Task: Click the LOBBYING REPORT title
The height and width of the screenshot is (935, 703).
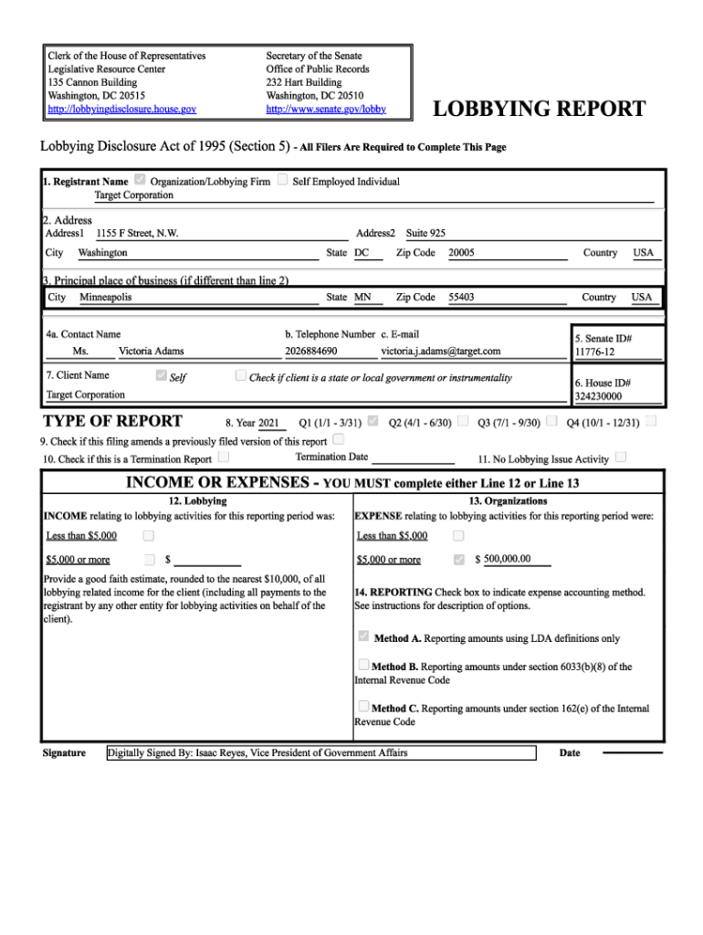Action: pos(539,110)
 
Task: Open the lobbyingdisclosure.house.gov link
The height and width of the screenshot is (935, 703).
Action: pos(121,109)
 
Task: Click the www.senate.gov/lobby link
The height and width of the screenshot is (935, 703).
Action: pos(326,109)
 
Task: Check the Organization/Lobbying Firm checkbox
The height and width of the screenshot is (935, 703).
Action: pos(140,181)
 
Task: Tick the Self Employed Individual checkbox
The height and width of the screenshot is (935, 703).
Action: pos(283,181)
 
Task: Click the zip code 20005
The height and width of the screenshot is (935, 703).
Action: pos(461,252)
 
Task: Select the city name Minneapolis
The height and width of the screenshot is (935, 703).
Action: pos(106,297)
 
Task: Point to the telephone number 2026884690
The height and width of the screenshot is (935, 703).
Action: pos(310,351)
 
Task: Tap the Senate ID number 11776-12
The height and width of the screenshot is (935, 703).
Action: pos(594,352)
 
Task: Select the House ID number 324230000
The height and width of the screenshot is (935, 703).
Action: pos(598,397)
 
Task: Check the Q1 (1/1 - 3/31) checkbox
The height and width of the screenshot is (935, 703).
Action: pos(372,422)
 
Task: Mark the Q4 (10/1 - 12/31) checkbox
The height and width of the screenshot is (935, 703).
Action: pos(651,422)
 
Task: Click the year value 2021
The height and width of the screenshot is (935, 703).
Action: pos(268,423)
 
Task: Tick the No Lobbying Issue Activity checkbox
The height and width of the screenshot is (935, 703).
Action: pos(621,457)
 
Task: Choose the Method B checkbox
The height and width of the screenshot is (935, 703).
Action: pos(363,666)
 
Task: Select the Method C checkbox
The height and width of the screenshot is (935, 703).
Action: pos(363,707)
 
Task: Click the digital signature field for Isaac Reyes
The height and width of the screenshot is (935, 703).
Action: pos(320,752)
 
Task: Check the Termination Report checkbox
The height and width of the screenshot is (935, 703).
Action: pos(224,458)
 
